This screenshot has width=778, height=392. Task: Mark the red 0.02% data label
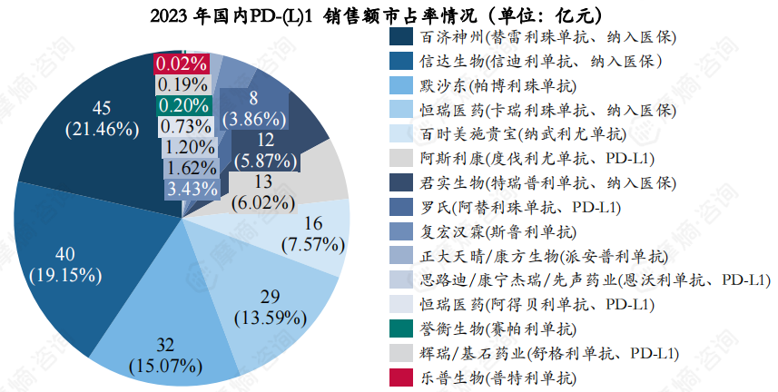[182, 64]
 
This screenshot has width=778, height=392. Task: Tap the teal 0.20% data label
[182, 105]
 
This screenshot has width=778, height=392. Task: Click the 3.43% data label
[192, 189]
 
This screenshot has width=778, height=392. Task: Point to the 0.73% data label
[186, 126]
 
